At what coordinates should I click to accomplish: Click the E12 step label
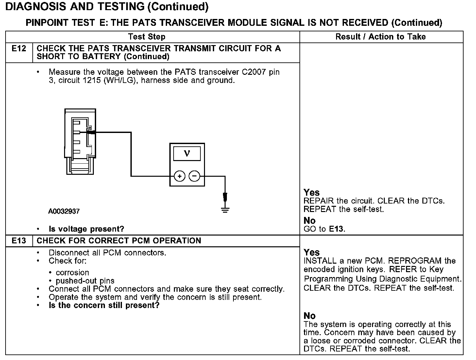point(19,49)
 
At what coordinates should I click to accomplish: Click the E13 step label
point(19,241)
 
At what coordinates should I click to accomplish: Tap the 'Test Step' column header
point(147,37)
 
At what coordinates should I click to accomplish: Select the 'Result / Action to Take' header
point(381,37)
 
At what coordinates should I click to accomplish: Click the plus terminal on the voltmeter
point(179,176)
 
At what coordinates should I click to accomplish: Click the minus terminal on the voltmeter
point(195,176)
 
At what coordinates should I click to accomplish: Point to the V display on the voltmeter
point(187,153)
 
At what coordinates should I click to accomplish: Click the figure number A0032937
point(64,211)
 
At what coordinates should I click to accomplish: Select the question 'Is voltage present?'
point(86,229)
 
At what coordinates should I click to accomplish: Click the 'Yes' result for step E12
point(312,192)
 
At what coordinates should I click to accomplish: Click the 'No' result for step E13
point(310,316)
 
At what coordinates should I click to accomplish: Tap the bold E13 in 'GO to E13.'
point(336,229)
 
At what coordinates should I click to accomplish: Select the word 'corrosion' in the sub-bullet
point(72,272)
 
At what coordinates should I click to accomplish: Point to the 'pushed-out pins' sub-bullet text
point(85,281)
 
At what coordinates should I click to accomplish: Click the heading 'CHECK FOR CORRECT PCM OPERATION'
point(119,241)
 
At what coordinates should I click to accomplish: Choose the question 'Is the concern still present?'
point(104,305)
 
